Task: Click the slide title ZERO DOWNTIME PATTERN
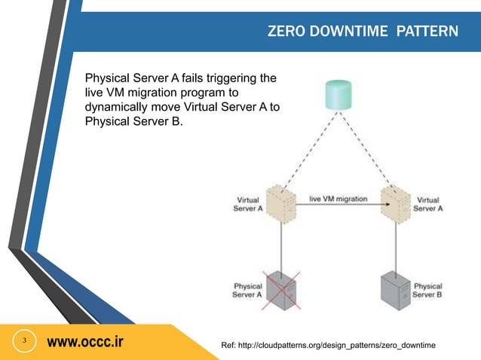pos(363,32)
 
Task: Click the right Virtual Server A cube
pos(395,203)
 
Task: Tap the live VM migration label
pos(339,199)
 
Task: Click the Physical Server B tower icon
pos(397,289)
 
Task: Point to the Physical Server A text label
pos(248,291)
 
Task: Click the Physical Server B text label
pos(427,291)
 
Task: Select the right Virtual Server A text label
pos(428,205)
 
